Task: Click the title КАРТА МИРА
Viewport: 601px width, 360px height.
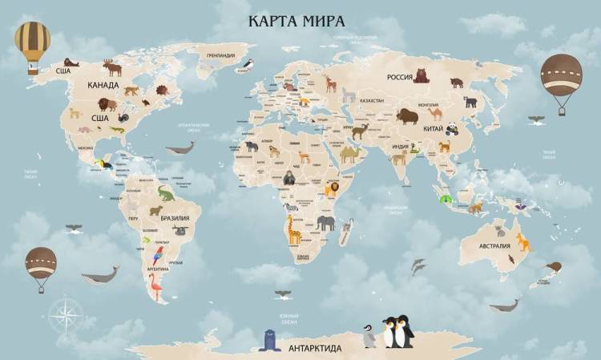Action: coord(296,19)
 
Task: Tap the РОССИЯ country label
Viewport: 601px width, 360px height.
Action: coord(399,78)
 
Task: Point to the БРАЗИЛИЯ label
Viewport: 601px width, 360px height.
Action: coord(175,218)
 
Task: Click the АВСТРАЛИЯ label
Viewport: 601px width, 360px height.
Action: coord(494,246)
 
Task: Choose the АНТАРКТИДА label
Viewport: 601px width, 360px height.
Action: coord(315,349)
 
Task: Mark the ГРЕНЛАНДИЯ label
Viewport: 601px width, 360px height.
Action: coord(220,56)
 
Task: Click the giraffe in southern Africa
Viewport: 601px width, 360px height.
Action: coord(294,230)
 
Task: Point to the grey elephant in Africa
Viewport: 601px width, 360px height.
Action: coord(325,223)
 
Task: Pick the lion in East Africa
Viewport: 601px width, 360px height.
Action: coord(331,189)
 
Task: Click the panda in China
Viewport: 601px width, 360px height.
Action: coord(453,127)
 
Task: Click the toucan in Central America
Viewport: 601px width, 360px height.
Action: coord(103,166)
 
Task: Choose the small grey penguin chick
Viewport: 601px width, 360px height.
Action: coord(369,336)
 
